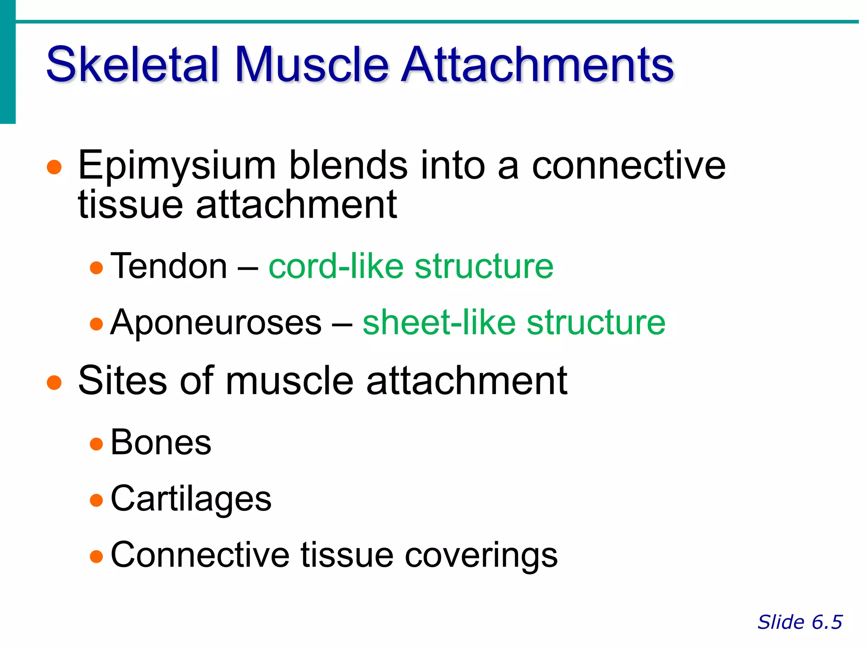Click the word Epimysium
click(x=177, y=166)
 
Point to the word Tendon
click(x=169, y=266)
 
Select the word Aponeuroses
click(x=216, y=323)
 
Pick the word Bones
click(x=161, y=443)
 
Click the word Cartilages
click(x=191, y=499)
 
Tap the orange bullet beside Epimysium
click(x=54, y=167)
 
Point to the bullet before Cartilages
click(x=96, y=500)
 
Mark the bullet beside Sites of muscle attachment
click(x=54, y=382)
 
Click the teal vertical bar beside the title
click(x=8, y=62)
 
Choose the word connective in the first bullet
click(x=628, y=166)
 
